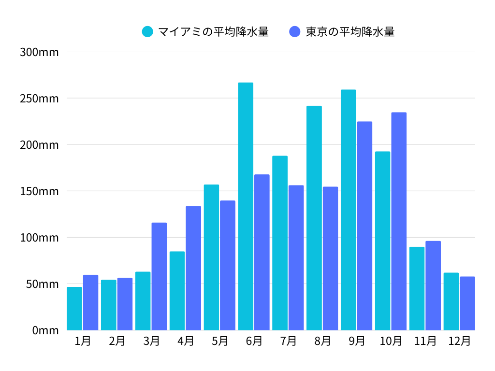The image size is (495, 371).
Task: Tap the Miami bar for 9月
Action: (x=348, y=210)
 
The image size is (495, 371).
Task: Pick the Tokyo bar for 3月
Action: (x=159, y=276)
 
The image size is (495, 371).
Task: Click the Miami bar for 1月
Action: (x=74, y=309)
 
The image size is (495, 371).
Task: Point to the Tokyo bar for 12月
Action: (x=467, y=303)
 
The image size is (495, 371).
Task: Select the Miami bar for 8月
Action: (x=314, y=218)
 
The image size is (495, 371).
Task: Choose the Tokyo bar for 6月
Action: (x=262, y=252)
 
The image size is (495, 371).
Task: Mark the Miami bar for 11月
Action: (x=417, y=288)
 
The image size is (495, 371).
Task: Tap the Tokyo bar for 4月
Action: (x=193, y=268)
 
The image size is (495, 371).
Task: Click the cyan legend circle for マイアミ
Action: (x=147, y=32)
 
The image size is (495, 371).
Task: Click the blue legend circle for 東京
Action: (x=295, y=32)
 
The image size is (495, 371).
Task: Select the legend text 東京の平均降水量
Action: (x=350, y=32)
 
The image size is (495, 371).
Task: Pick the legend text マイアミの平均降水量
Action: (x=213, y=32)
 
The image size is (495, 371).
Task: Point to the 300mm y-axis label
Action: (x=39, y=52)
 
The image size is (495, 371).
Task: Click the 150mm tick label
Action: (x=39, y=191)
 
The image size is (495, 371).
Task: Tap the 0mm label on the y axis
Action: (x=45, y=330)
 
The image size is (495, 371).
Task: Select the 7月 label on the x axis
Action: (x=288, y=341)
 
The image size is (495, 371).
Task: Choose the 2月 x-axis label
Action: (x=117, y=341)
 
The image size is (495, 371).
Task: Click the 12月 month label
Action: (x=459, y=341)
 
